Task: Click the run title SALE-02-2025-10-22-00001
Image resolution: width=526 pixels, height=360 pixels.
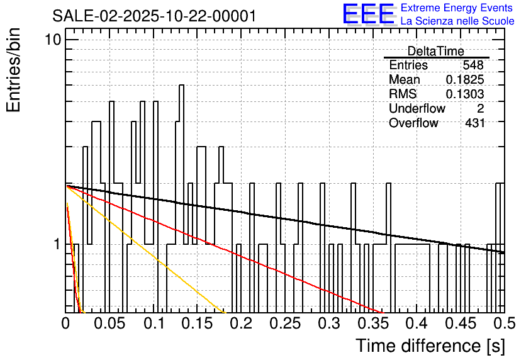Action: pyautogui.click(x=154, y=16)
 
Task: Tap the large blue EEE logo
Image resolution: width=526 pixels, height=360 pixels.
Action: pyautogui.click(x=368, y=14)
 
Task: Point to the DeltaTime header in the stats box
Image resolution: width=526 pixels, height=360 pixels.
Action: pyautogui.click(x=435, y=51)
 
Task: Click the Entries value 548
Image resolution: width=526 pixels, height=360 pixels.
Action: pyautogui.click(x=473, y=65)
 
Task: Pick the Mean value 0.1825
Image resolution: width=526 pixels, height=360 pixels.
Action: pyautogui.click(x=464, y=80)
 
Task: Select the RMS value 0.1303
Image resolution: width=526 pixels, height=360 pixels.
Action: pyautogui.click(x=464, y=94)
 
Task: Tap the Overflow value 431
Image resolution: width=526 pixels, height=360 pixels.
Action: pyautogui.click(x=474, y=123)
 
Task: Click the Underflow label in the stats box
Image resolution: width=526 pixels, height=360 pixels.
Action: pyautogui.click(x=417, y=108)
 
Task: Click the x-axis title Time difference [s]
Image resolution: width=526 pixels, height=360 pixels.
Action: pyautogui.click(x=430, y=346)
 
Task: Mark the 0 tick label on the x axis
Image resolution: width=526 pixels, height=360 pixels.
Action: pyautogui.click(x=66, y=323)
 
